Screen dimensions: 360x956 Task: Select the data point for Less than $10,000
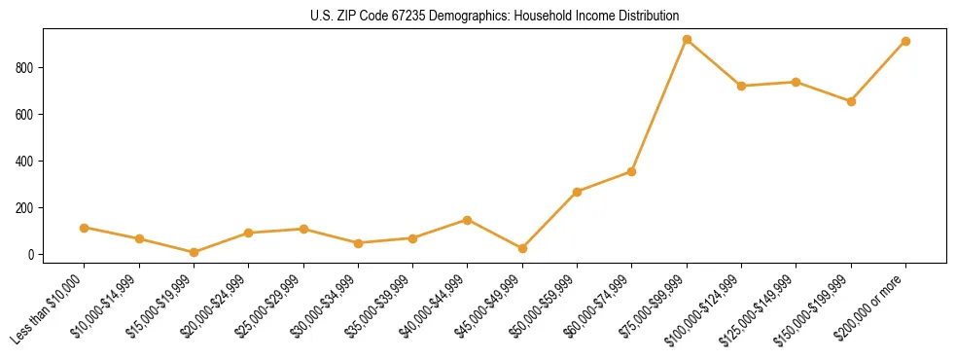[85, 228]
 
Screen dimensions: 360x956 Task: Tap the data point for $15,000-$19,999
[195, 252]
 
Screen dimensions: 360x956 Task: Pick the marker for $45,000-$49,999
[523, 248]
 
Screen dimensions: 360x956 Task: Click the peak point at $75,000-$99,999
[687, 40]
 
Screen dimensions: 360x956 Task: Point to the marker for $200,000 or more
[905, 42]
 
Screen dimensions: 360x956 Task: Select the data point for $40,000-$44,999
[468, 220]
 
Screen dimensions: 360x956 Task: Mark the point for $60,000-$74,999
[632, 171]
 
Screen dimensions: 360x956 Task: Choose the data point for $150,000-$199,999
[851, 101]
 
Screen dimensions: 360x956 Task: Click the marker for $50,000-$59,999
[578, 192]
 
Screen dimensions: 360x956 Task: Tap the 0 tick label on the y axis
[32, 254]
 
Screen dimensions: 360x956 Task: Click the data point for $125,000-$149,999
[797, 82]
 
